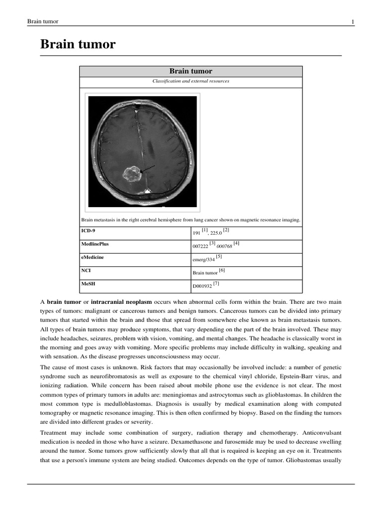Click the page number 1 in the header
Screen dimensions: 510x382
tap(353, 21)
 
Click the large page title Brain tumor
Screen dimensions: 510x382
tap(78, 45)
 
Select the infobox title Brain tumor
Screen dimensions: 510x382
tap(191, 71)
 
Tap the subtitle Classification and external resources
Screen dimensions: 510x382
tap(191, 81)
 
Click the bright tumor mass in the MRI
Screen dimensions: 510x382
tap(132, 174)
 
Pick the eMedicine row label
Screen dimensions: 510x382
tap(93, 257)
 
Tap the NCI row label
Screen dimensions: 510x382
tap(86, 270)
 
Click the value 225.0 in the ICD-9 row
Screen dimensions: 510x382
tap(216, 233)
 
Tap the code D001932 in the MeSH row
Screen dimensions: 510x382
tap(202, 286)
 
